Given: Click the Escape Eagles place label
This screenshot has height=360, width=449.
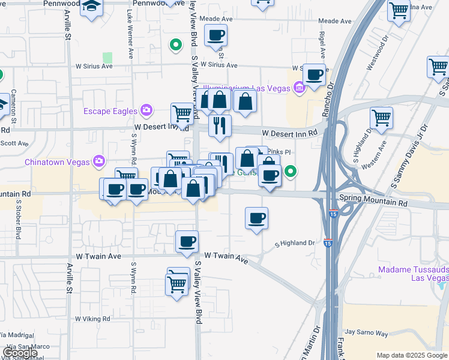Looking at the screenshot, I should pos(111,110).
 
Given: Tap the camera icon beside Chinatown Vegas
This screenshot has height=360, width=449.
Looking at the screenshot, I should pos(99,161).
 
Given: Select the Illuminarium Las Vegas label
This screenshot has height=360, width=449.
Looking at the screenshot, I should pos(249,89).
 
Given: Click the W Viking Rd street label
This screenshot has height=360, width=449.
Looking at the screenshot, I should pos(92,319).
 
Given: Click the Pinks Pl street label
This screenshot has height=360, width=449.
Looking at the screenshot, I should pos(280,152).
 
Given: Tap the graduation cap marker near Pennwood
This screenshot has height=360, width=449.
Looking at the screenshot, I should pos(92,7).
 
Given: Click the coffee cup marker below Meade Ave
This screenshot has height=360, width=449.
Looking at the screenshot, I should pos(215,35).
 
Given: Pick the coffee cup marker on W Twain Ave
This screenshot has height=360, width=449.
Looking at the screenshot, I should pos(187,241).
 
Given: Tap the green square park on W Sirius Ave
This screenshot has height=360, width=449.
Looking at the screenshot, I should pos(107,58).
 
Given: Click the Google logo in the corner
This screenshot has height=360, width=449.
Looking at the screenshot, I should pos(19,353).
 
